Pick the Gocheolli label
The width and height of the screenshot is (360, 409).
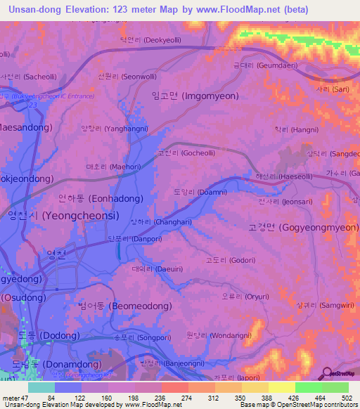click(x=181, y=152)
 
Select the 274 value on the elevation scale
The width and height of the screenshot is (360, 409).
click(x=173, y=399)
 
